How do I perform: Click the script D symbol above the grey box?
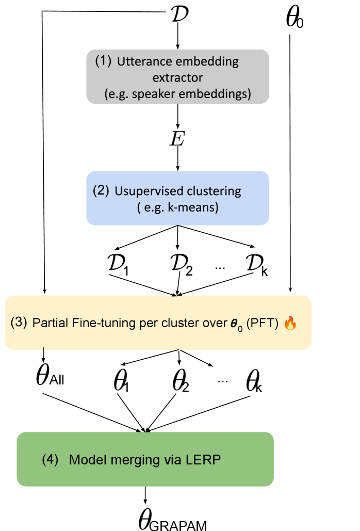(x=178, y=12)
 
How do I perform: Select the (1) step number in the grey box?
(x=103, y=60)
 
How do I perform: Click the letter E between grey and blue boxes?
(x=178, y=138)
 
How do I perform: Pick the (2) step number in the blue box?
(x=101, y=190)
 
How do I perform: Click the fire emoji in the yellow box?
(x=290, y=324)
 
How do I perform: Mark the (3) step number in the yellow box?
(x=19, y=323)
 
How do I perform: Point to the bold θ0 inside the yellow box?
(x=235, y=324)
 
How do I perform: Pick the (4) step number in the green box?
(x=51, y=459)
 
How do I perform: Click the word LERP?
(x=205, y=460)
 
